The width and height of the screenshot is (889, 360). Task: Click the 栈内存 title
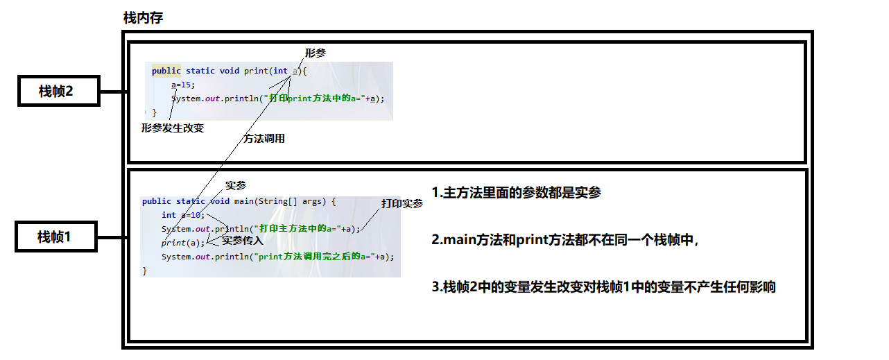pyautogui.click(x=143, y=19)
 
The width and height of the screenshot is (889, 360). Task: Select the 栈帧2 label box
pyautogui.click(x=58, y=90)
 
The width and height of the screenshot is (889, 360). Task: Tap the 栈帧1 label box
pyautogui.click(x=55, y=237)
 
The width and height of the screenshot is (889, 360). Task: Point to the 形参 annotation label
pyautogui.click(x=316, y=53)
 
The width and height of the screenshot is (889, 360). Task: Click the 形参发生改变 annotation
pyautogui.click(x=173, y=128)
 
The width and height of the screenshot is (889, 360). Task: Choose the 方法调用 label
pyautogui.click(x=264, y=139)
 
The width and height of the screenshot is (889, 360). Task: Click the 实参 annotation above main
pyautogui.click(x=236, y=185)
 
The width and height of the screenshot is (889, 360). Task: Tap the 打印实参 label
pyautogui.click(x=402, y=203)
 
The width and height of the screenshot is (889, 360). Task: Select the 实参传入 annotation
pyautogui.click(x=243, y=241)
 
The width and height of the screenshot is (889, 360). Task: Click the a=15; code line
pyautogui.click(x=184, y=85)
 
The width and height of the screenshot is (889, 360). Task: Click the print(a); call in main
pyautogui.click(x=184, y=243)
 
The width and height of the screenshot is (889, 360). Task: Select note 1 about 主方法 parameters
pyautogui.click(x=516, y=193)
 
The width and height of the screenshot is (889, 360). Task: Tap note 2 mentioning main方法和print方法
pyautogui.click(x=564, y=241)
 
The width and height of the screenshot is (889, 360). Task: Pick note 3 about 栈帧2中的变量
pyautogui.click(x=603, y=287)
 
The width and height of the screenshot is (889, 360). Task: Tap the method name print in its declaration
pyautogui.click(x=256, y=71)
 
